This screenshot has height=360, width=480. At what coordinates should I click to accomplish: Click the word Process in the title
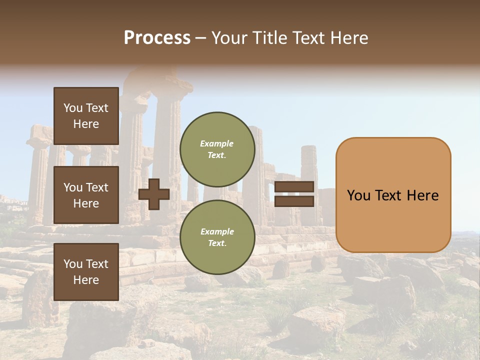157,38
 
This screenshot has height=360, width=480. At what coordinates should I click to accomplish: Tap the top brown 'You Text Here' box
86,116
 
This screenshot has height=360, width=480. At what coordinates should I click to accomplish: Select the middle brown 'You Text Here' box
86,195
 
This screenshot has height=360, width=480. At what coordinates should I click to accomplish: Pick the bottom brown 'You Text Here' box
86,271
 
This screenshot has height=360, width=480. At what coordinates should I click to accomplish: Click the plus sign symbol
154,194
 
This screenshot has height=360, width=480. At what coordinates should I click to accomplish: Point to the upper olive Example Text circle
217,149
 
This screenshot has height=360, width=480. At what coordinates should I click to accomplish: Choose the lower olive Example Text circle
217,237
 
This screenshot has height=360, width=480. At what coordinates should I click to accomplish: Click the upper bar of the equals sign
294,187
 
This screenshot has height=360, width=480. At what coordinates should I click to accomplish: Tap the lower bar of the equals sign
294,201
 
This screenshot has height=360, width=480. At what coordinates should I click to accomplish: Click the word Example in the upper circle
217,143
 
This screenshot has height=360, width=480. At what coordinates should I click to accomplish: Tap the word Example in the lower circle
217,231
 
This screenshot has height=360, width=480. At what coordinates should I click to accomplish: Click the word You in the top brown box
73,108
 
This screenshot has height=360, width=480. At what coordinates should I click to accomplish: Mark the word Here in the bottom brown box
86,280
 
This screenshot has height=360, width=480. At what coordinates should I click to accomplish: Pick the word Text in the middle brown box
96,187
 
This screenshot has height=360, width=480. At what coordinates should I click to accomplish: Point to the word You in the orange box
358,195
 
